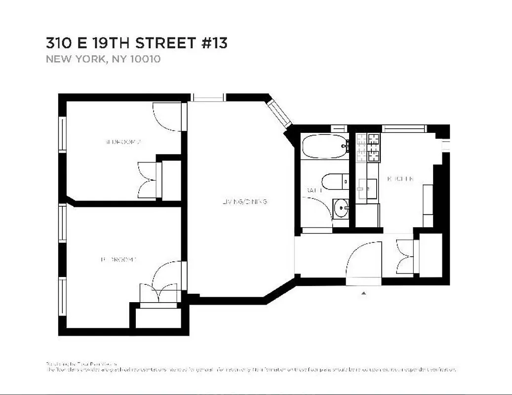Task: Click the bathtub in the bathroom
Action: click(324, 146)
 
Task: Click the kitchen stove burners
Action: click(368, 148)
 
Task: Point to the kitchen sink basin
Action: click(367, 188)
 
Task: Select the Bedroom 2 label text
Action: click(123, 142)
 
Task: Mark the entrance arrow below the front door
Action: click(364, 293)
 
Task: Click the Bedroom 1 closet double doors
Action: click(158, 294)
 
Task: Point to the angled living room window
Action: click(280, 114)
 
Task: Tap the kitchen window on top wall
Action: click(404, 128)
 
